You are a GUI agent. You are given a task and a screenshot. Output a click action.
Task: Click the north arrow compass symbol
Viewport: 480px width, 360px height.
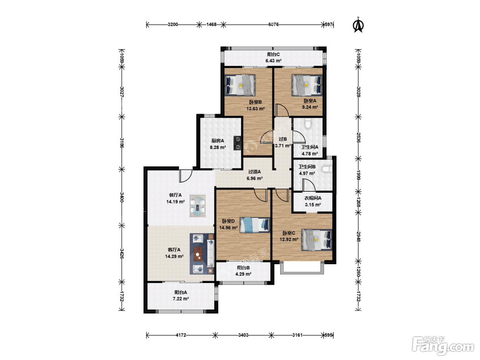coord(358,25)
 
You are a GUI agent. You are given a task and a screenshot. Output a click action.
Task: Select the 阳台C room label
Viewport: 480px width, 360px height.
coord(273,55)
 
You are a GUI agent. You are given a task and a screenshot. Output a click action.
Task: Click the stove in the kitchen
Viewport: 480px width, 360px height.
coord(237,143)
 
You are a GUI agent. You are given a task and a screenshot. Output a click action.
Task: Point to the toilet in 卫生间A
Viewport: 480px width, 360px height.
coord(308,123)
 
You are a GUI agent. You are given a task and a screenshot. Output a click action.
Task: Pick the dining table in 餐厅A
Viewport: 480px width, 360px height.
coord(197,206)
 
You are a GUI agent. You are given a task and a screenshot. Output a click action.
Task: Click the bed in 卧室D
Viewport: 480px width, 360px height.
coord(255,225)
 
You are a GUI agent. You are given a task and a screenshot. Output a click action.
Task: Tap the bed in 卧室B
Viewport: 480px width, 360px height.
coord(240,85)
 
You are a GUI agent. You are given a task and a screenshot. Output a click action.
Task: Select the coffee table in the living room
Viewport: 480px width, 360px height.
coord(198,254)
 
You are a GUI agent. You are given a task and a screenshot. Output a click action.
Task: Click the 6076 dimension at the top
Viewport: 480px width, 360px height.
coord(273,24)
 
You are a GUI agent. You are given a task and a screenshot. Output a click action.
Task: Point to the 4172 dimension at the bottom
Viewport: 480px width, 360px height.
coord(181,335)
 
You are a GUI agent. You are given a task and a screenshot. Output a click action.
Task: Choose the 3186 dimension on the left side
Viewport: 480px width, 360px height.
coord(122,143)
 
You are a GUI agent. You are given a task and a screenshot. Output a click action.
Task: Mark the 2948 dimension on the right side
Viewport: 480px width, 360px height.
coord(358,237)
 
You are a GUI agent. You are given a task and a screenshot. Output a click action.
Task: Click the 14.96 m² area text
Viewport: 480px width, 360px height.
coord(228,228)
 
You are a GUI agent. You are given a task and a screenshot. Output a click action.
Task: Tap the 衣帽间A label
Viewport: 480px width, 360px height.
coord(313,198)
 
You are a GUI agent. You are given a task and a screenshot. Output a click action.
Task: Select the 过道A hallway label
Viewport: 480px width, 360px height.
coord(254,172)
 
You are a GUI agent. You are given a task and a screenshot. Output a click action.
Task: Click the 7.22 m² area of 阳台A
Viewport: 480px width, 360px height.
coord(181,299)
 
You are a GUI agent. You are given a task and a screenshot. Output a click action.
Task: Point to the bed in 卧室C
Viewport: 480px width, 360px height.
coord(317,240)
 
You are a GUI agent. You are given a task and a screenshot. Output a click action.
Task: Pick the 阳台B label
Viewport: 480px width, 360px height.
coord(243,268)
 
